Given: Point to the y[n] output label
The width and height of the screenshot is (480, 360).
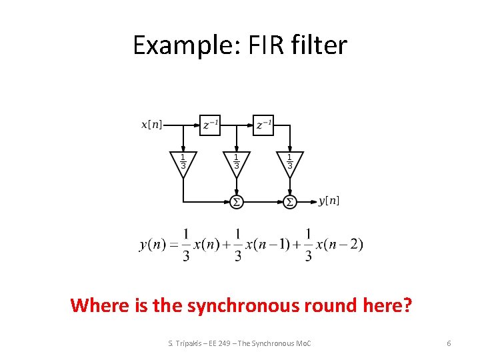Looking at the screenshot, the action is pyautogui.click(x=329, y=201).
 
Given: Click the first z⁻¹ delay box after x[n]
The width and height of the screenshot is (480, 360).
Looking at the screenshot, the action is pyautogui.click(x=210, y=124).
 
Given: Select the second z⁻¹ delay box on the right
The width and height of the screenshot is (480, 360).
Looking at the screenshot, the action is pyautogui.click(x=264, y=124).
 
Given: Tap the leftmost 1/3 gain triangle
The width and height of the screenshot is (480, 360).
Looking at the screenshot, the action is pyautogui.click(x=183, y=162).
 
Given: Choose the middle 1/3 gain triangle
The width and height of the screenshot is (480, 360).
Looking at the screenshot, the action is pyautogui.click(x=236, y=162).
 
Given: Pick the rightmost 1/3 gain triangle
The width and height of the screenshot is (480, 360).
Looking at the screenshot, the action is pyautogui.click(x=290, y=162).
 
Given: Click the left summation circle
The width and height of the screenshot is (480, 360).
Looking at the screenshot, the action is pyautogui.click(x=236, y=201).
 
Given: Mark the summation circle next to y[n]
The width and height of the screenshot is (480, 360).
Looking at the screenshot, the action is pyautogui.click(x=290, y=201).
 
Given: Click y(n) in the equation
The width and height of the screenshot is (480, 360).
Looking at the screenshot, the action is pyautogui.click(x=153, y=245).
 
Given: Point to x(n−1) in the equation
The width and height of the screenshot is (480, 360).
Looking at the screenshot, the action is pyautogui.click(x=266, y=245).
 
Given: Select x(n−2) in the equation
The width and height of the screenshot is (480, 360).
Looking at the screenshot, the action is pyautogui.click(x=339, y=245).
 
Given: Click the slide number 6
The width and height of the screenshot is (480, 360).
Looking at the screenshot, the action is pyautogui.click(x=449, y=343).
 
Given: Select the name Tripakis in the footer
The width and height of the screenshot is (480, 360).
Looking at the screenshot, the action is pyautogui.click(x=190, y=343).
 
